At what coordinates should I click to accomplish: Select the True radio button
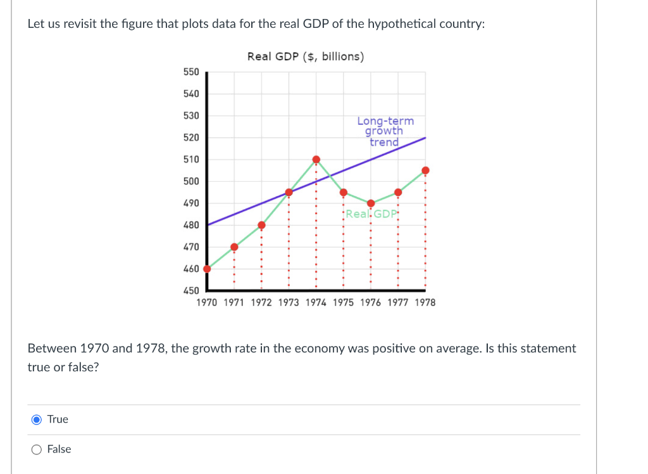37,420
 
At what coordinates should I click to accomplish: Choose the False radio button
37,449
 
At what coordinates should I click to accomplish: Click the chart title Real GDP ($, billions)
306,56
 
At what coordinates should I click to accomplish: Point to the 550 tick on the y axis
191,72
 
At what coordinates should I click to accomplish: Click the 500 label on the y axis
191,181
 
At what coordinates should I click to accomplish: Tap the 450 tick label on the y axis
191,291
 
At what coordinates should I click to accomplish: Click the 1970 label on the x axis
207,303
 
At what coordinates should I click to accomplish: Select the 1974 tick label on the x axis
316,303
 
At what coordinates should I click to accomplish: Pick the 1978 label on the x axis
425,303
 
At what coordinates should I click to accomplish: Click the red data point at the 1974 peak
316,159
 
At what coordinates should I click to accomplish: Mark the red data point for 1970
207,269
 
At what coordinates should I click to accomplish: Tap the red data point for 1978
425,170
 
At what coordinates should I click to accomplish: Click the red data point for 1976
371,203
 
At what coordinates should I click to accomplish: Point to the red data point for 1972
261,225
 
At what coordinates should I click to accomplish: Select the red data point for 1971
234,247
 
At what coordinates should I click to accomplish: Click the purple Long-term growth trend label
385,131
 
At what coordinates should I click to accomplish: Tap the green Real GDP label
371,214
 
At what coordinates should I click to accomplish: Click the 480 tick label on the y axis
191,225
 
